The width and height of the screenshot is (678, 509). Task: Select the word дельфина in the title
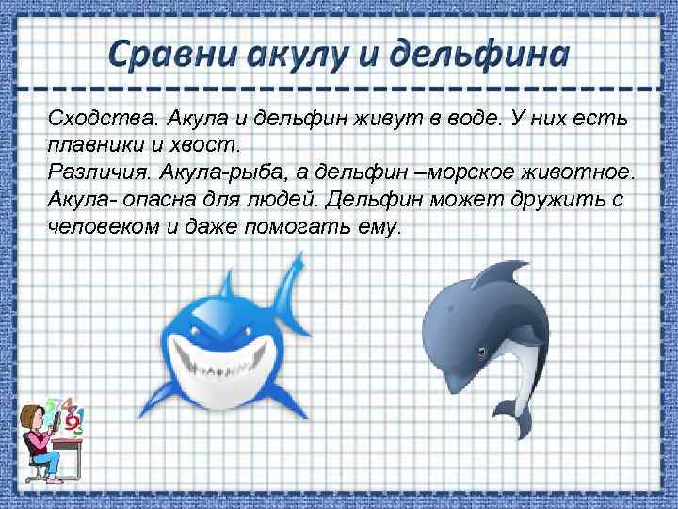pos(484,53)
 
